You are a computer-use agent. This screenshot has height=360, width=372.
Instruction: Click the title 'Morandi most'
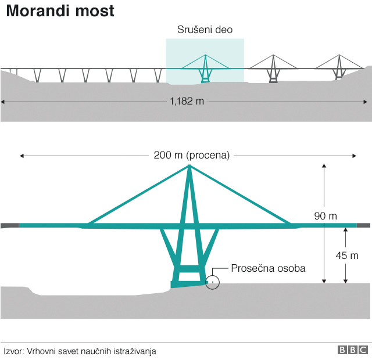point(60,11)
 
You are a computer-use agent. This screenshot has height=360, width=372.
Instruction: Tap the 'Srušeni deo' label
point(205,30)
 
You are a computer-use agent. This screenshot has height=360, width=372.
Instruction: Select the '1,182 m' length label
point(187,102)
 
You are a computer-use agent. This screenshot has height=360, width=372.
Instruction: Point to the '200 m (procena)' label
point(192,155)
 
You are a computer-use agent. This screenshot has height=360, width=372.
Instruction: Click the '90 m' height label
point(325,216)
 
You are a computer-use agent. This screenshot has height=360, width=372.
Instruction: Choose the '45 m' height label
point(346,255)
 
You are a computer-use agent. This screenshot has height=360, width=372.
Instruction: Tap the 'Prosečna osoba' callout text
point(268,268)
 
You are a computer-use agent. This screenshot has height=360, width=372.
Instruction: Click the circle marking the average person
point(213,283)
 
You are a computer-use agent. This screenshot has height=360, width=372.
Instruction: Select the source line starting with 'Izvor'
point(80,351)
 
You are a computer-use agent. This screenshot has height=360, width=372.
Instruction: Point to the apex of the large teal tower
point(189,167)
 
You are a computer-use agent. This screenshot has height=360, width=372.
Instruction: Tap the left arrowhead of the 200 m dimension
point(22,156)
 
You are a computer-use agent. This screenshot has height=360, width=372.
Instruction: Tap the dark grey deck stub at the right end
point(363,225)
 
